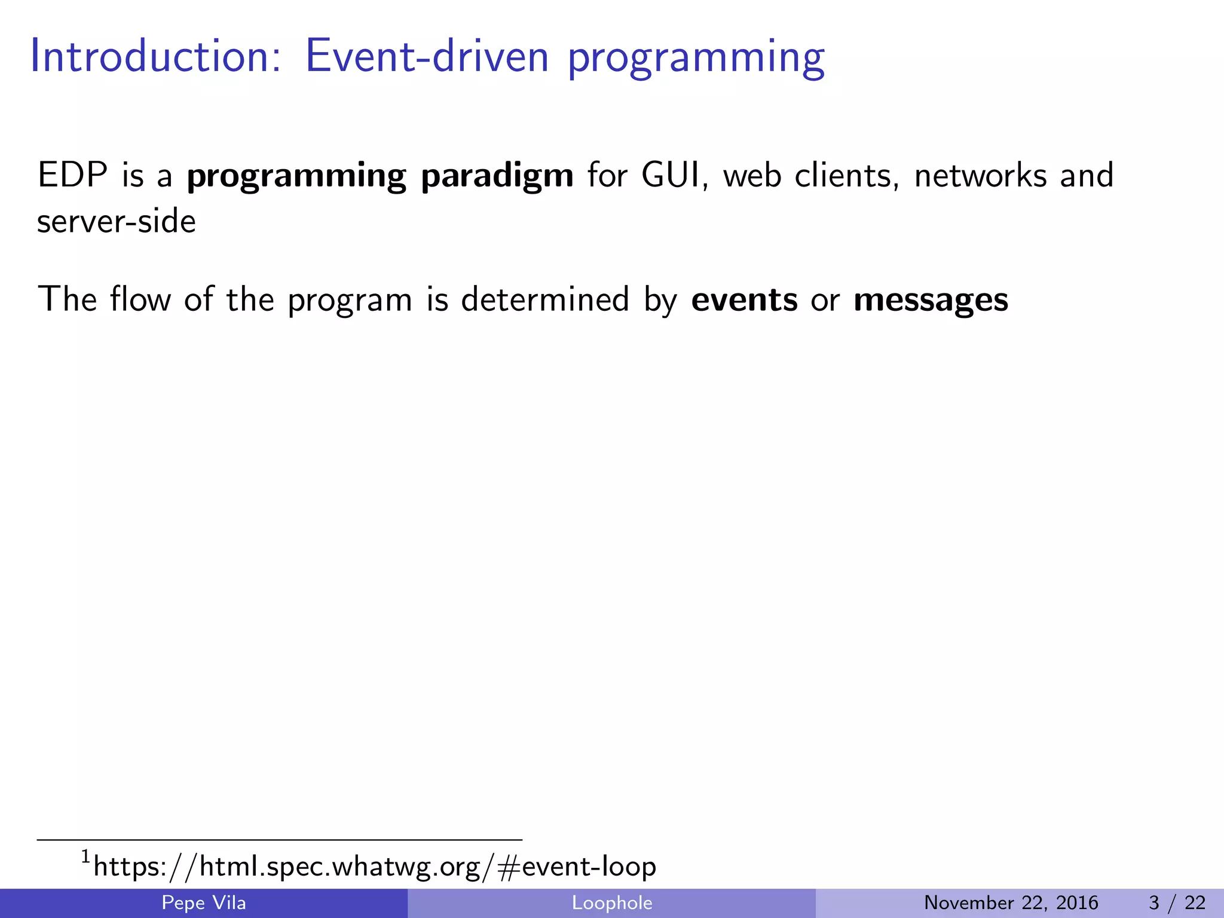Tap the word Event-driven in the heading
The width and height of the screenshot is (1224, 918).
coord(427,57)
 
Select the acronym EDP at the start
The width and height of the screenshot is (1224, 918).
coord(72,175)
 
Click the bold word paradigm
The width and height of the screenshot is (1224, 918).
coord(497,176)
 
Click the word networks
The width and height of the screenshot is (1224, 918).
coord(980,175)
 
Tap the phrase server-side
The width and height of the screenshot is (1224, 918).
coord(117,221)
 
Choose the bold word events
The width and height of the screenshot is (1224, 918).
coord(743,299)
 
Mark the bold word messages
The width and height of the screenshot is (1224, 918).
coord(931,301)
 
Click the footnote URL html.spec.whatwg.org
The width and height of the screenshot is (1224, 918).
coord(374,866)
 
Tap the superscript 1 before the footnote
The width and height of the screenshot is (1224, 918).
coord(85,857)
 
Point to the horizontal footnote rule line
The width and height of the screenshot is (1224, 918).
coord(279,840)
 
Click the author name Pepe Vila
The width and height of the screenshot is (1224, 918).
coord(204,902)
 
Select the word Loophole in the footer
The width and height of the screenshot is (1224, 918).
coord(611,902)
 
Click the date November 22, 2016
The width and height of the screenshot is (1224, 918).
coord(1011,902)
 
